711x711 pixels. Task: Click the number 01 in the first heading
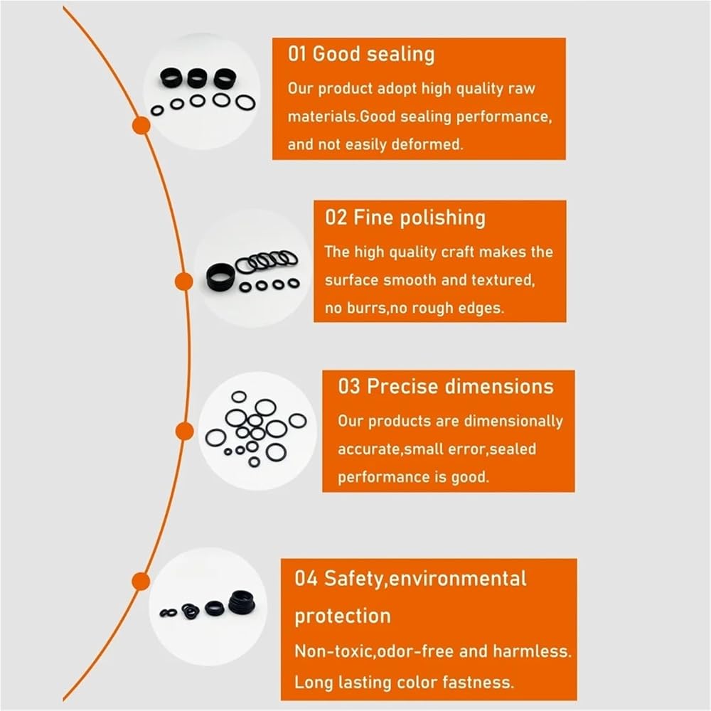297,54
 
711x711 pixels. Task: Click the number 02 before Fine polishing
336,217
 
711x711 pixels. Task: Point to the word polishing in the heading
442,218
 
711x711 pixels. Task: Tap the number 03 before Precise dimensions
348,386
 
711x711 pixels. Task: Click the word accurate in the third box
369,449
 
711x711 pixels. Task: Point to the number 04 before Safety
306,579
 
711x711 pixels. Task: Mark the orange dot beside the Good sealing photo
141,125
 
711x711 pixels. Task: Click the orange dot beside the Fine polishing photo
183,282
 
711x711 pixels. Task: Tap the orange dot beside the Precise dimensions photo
184,432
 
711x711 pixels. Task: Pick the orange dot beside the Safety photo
141,582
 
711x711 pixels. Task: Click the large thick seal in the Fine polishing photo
221,277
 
